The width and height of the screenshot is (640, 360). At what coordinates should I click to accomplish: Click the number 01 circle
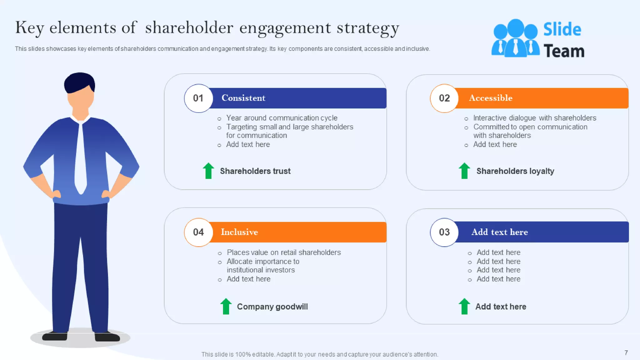(x=198, y=98)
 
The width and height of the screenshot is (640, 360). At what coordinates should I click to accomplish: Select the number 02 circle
(x=444, y=98)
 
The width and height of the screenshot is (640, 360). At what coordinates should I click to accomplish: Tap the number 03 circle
(x=444, y=232)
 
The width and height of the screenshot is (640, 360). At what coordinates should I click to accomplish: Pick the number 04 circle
(x=198, y=232)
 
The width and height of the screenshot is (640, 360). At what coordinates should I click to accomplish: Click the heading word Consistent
(x=243, y=98)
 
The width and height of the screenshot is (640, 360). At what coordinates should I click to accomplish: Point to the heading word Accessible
(x=490, y=98)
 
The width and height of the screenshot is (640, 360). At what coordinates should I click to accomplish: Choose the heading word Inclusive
(x=239, y=232)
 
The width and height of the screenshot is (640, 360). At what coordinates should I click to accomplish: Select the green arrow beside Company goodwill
(x=226, y=306)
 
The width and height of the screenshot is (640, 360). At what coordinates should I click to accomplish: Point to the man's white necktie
(x=81, y=159)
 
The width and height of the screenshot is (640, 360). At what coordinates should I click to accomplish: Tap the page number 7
(x=626, y=353)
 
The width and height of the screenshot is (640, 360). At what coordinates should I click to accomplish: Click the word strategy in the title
(x=368, y=28)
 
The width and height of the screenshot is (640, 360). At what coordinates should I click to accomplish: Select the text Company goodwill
(x=272, y=307)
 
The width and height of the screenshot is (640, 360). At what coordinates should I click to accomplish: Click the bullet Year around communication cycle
(x=282, y=118)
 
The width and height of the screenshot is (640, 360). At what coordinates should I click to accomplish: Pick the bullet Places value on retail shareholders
(x=283, y=252)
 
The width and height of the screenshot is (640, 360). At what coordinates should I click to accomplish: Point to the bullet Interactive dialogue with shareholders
(x=534, y=118)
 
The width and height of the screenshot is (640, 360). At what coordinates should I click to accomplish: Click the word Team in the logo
(x=564, y=51)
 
